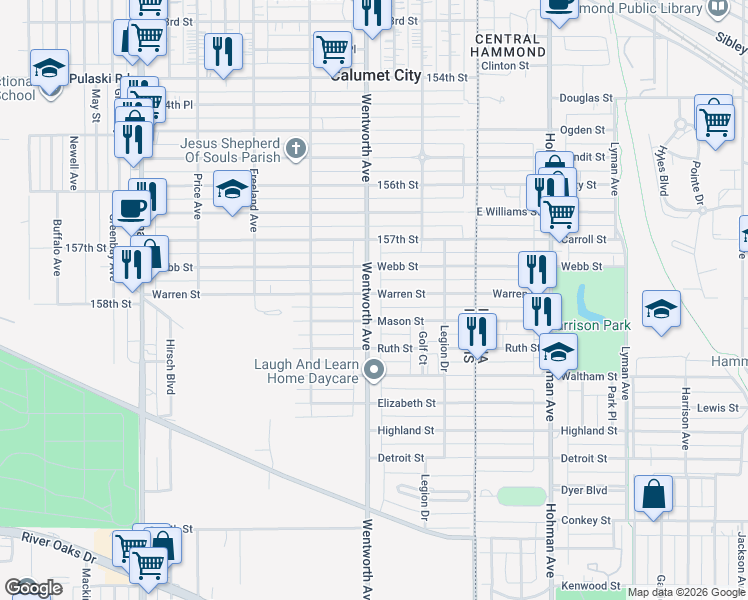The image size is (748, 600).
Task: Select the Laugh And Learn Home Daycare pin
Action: point(375,371)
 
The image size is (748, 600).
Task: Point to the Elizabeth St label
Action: point(406,404)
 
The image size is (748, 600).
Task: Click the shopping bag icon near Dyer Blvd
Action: point(653,494)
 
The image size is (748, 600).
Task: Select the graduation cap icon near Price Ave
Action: point(232,191)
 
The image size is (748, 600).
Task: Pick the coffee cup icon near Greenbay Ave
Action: point(132,208)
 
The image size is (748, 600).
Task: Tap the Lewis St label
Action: point(718,408)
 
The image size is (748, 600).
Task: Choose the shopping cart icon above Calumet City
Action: point(332,48)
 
